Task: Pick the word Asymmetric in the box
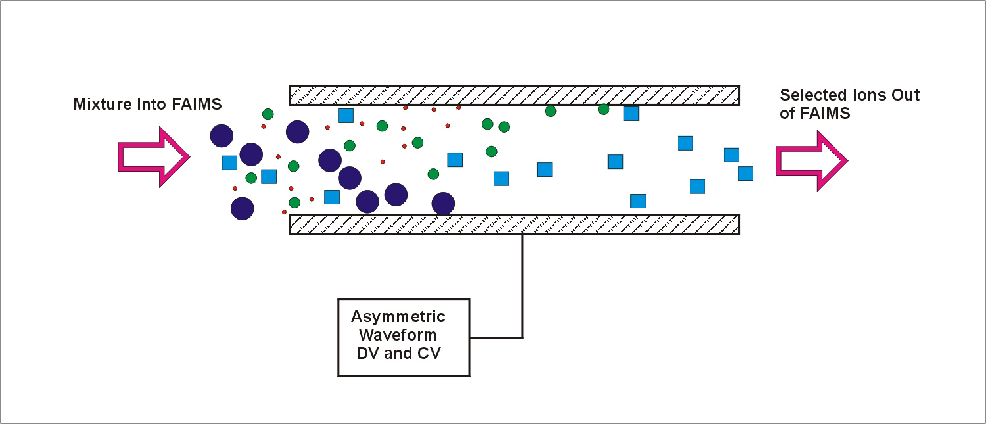coord(398,316)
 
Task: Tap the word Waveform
coord(398,335)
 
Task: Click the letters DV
coord(368,353)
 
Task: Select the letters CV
coord(427,353)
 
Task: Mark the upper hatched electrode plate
coord(515,95)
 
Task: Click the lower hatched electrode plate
coord(515,224)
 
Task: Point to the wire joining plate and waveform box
coord(523,289)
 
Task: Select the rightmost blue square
coord(745,174)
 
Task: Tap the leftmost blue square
coord(229,162)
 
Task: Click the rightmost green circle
coord(603,109)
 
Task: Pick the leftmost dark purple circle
coord(222,136)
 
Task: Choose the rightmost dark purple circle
coord(444,203)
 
